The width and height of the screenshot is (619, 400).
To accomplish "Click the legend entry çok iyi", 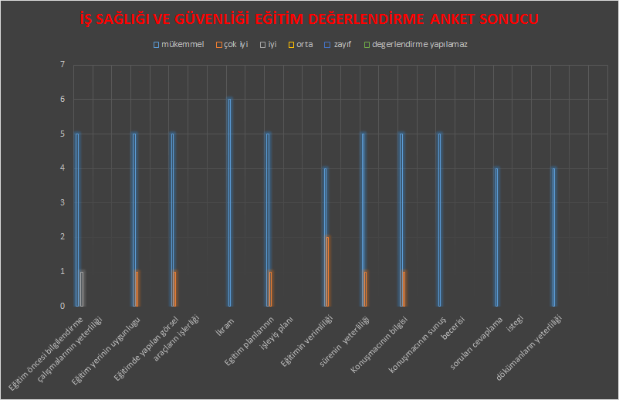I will [237, 45].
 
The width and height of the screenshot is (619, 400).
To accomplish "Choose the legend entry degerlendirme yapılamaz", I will [419, 45].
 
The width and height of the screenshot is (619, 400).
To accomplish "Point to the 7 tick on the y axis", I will [62, 65].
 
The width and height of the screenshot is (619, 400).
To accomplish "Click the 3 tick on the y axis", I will [62, 202].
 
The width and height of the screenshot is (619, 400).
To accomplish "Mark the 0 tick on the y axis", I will [62, 306].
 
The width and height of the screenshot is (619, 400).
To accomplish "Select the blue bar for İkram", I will [229, 202].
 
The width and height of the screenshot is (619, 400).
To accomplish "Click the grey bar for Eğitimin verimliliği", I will [328, 271].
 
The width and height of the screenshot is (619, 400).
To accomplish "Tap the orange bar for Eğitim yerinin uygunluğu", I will [137, 289].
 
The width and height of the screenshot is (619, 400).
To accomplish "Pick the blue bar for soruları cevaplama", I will [496, 236].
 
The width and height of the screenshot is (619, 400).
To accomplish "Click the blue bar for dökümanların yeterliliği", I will [553, 236].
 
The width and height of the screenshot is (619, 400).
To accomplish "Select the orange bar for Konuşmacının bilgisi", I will [404, 289].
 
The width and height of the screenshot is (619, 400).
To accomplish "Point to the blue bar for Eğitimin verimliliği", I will [325, 236].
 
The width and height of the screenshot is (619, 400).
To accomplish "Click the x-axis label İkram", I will [226, 324].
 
